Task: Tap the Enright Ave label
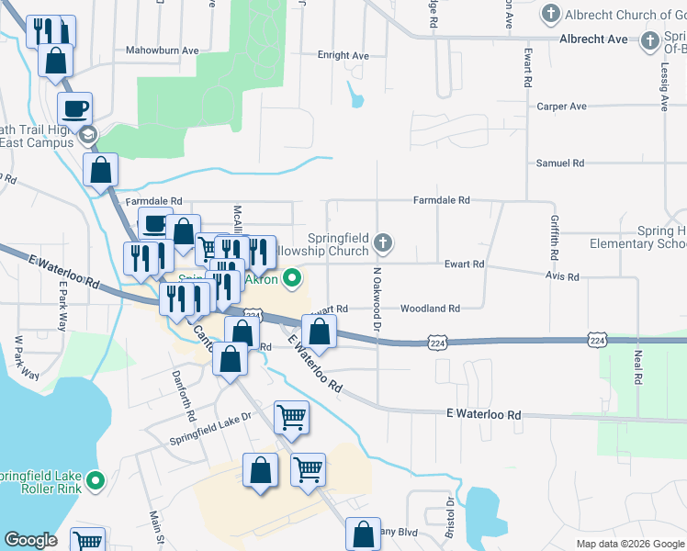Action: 343,56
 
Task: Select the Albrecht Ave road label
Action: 594,39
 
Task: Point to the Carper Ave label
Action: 561,107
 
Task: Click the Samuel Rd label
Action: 560,163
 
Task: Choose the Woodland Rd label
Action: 429,309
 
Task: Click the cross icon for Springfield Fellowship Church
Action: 383,243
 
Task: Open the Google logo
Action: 30,540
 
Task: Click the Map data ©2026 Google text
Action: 629,544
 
